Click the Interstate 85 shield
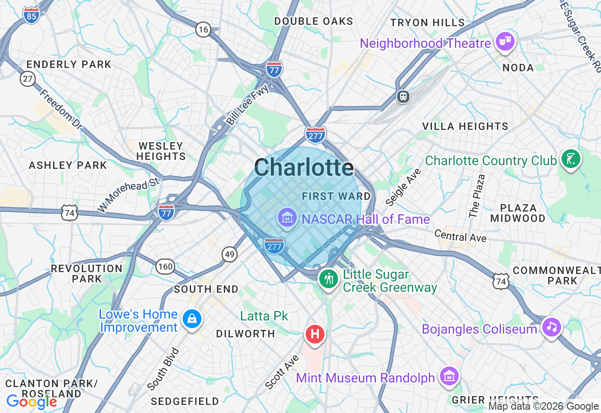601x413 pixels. tap(31, 15)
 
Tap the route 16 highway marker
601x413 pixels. tap(203, 30)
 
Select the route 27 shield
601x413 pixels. tap(28, 78)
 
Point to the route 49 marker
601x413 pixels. tap(230, 254)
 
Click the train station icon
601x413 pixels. tap(403, 97)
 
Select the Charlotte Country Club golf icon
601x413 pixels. tap(571, 159)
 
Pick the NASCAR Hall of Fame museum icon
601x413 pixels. tap(287, 218)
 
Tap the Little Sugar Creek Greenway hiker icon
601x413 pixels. tap(329, 279)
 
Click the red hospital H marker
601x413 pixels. tap(315, 335)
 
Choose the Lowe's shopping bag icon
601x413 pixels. tap(192, 319)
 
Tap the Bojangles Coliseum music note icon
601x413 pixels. tap(551, 327)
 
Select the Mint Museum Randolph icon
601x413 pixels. tap(449, 376)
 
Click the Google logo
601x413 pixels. tap(31, 402)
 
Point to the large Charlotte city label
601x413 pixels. tap(304, 167)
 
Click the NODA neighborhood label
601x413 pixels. tap(518, 68)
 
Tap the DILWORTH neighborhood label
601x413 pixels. tap(246, 334)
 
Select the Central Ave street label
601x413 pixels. tap(460, 236)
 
